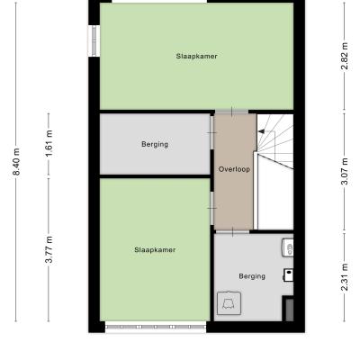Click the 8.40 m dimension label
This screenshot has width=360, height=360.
(x=17, y=161)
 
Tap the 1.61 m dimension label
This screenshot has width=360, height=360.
(x=49, y=143)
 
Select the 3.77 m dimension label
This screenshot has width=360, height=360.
(x=49, y=249)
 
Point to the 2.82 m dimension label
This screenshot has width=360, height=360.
(x=345, y=56)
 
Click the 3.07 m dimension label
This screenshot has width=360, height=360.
(x=345, y=171)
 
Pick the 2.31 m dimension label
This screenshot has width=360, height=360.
(x=345, y=277)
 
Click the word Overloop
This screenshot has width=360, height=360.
(x=234, y=169)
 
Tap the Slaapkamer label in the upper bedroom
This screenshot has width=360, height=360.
(x=196, y=56)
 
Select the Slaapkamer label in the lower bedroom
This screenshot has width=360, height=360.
(x=155, y=250)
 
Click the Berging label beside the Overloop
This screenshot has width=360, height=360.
(x=155, y=144)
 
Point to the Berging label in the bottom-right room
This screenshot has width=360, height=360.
(x=252, y=276)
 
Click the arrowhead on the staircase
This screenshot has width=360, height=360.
(x=261, y=131)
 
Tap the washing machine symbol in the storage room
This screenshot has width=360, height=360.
(x=229, y=303)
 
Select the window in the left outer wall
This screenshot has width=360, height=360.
(x=94, y=40)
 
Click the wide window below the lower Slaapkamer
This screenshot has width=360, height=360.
(x=156, y=327)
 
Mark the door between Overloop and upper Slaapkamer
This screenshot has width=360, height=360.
(x=231, y=112)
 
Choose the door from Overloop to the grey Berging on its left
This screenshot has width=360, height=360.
(x=212, y=132)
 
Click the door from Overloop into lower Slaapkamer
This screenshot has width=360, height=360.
(x=212, y=208)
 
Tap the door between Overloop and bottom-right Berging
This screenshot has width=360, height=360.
(x=233, y=231)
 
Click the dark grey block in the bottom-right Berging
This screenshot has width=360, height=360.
(x=289, y=310)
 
